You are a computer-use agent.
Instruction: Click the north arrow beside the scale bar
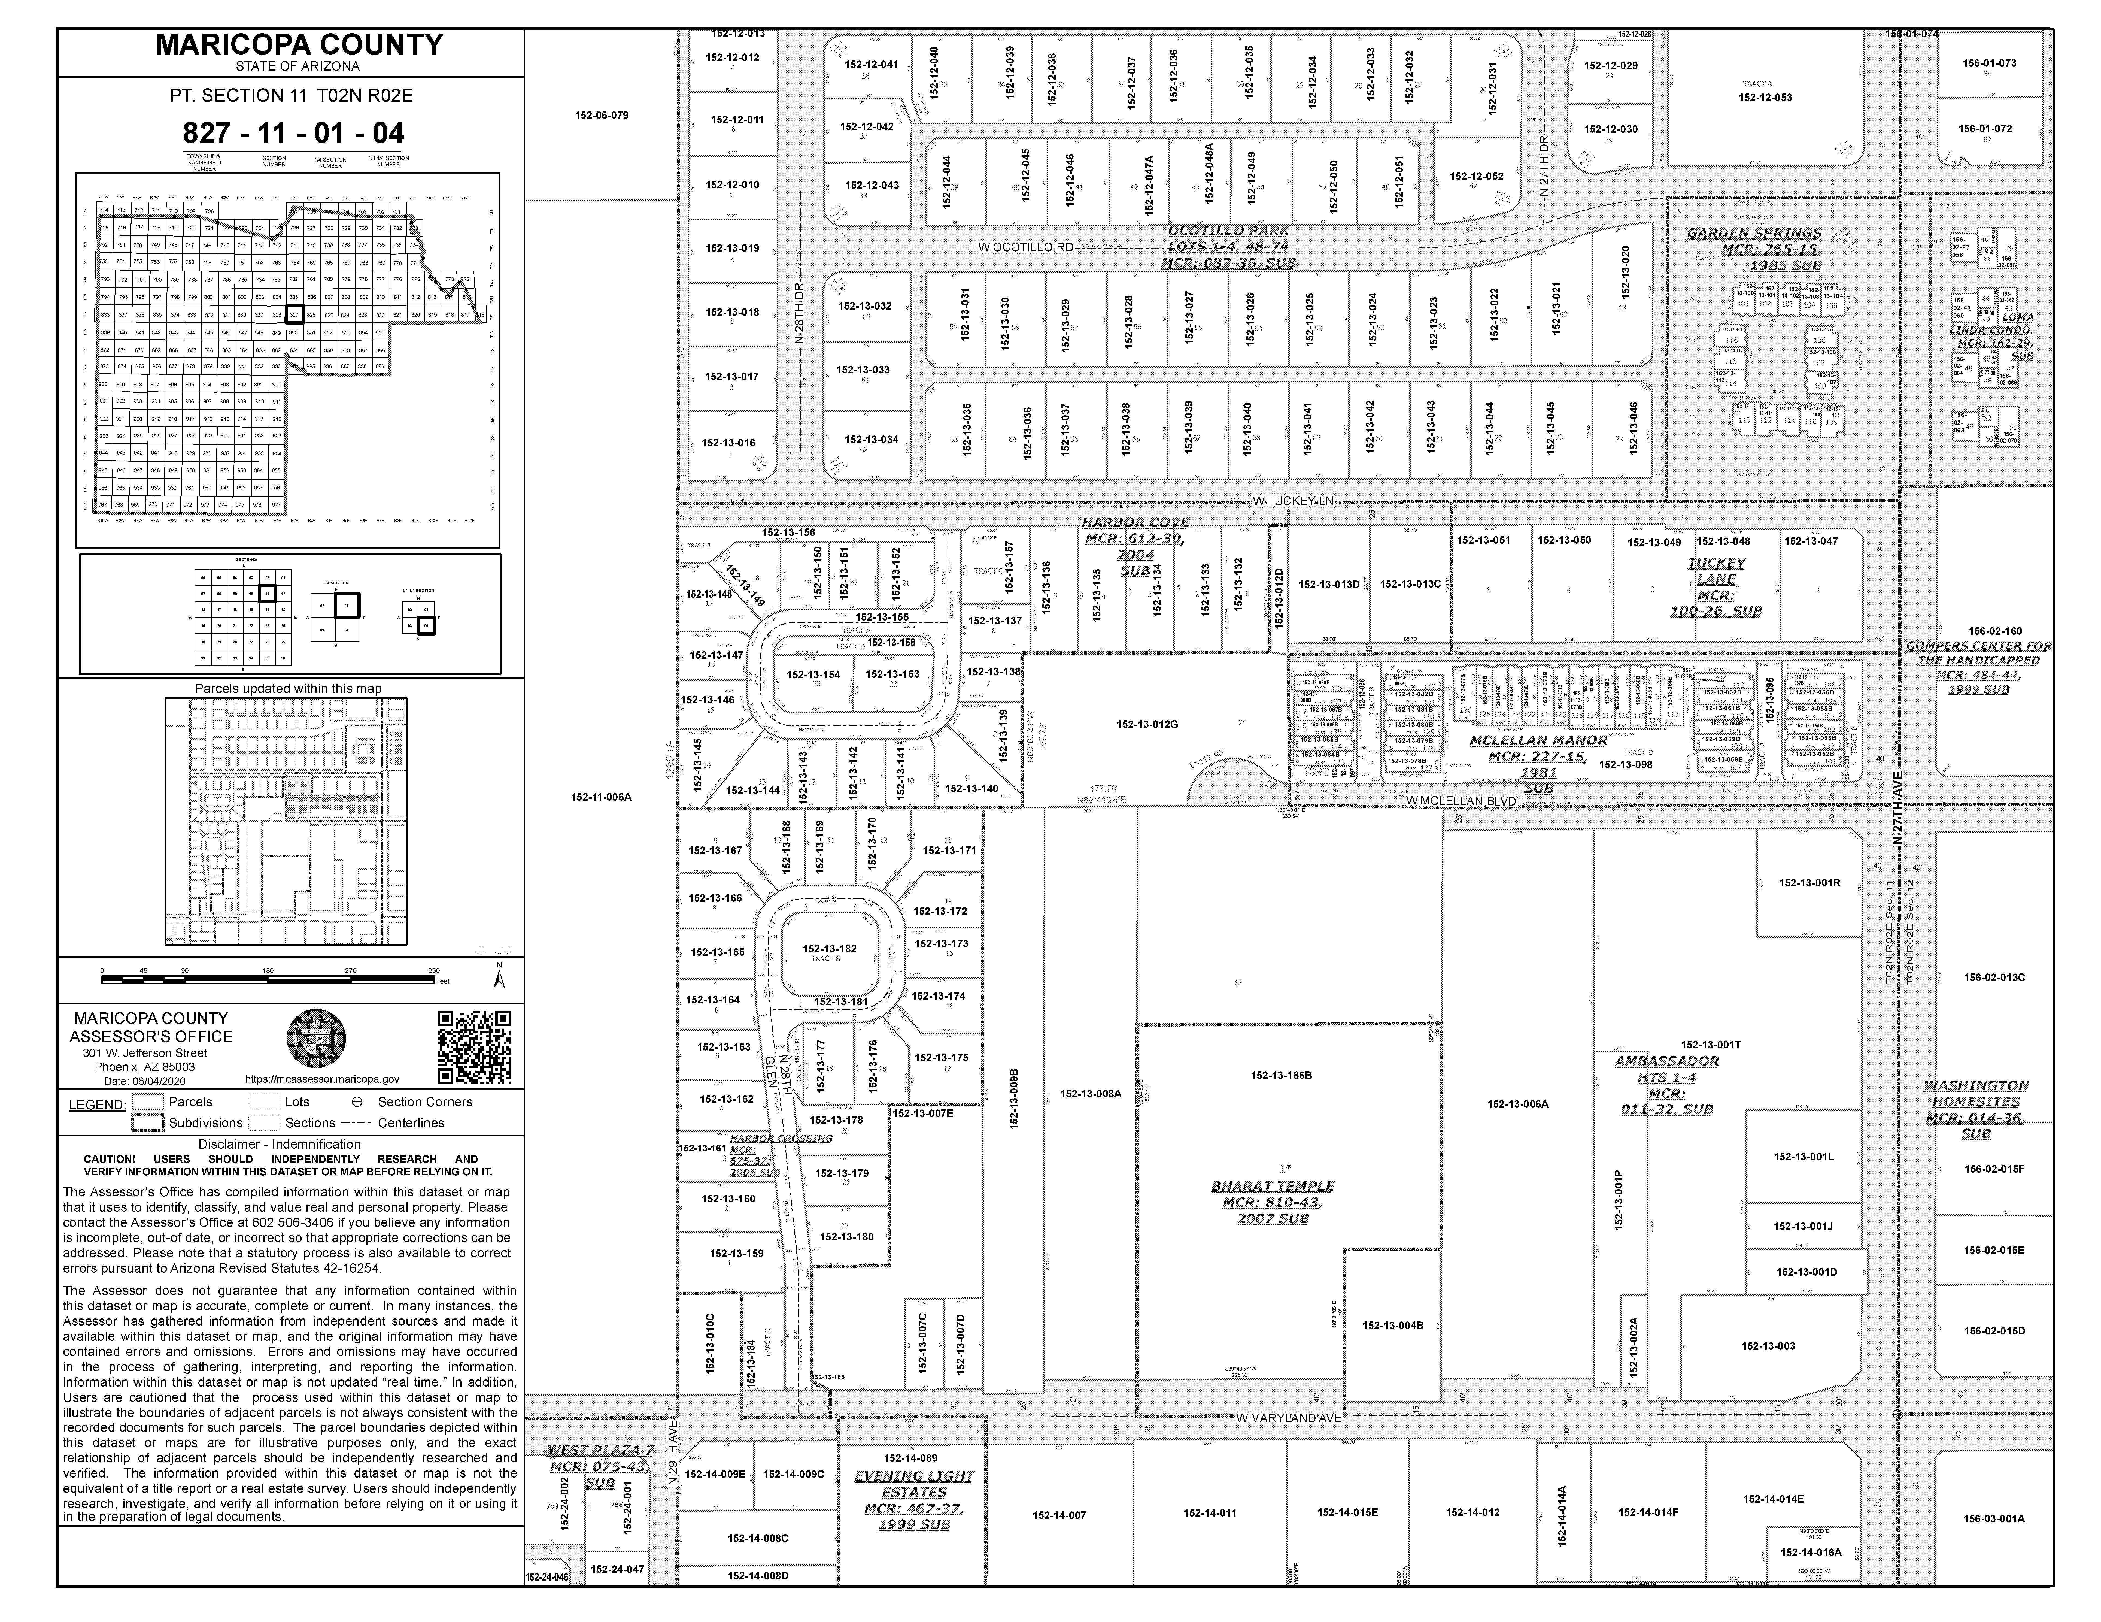pyautogui.click(x=498, y=978)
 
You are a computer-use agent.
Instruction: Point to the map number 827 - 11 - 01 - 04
pyautogui.click(x=293, y=133)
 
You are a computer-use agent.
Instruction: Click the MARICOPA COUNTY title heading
pyautogui.click(x=299, y=44)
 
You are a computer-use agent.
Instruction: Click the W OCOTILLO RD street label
pyautogui.click(x=1025, y=247)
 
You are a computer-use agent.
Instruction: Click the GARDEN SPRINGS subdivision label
pyautogui.click(x=1754, y=233)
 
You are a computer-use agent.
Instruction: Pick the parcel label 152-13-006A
pyautogui.click(x=1517, y=1104)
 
